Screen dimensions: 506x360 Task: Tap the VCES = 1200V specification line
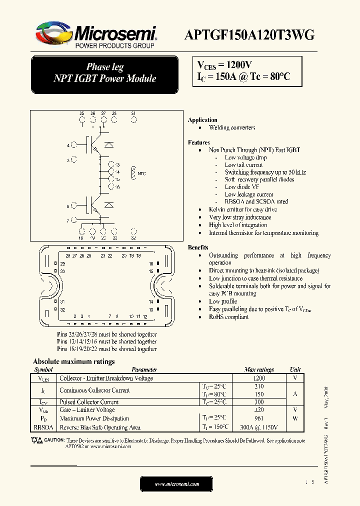(x=224, y=65)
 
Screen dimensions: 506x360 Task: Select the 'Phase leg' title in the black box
(x=105, y=67)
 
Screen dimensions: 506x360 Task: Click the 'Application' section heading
(x=202, y=120)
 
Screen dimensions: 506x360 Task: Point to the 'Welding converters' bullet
(x=232, y=127)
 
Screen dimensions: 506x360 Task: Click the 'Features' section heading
(x=199, y=142)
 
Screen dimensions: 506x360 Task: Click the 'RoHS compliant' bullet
(x=228, y=317)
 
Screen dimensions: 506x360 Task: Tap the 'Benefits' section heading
(x=198, y=247)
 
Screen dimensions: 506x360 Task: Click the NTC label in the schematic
(x=141, y=173)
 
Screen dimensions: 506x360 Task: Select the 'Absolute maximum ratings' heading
(x=73, y=361)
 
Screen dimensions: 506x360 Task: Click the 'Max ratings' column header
(x=259, y=369)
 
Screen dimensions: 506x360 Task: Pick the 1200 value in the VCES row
(x=259, y=378)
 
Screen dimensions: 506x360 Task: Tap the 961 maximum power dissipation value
(x=259, y=418)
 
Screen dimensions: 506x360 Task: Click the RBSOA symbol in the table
(x=43, y=427)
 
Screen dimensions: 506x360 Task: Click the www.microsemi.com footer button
(x=176, y=484)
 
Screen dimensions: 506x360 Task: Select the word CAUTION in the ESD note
(x=54, y=440)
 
